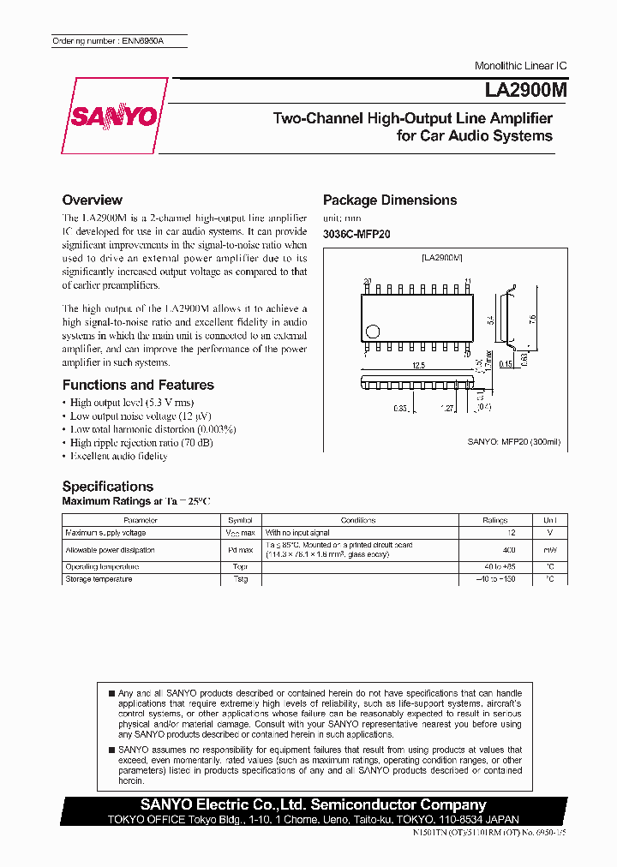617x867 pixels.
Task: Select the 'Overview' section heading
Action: point(93,200)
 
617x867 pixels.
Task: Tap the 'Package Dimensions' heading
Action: point(389,200)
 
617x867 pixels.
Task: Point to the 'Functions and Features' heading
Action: point(138,385)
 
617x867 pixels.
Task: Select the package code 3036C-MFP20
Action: point(356,234)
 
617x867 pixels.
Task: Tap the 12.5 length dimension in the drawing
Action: point(418,365)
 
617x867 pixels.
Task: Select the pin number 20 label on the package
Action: point(367,282)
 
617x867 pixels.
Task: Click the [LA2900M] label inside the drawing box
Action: point(441,257)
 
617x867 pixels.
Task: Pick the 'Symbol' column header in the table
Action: point(239,520)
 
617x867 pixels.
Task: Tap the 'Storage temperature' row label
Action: point(99,579)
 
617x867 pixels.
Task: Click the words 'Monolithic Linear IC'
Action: point(520,66)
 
